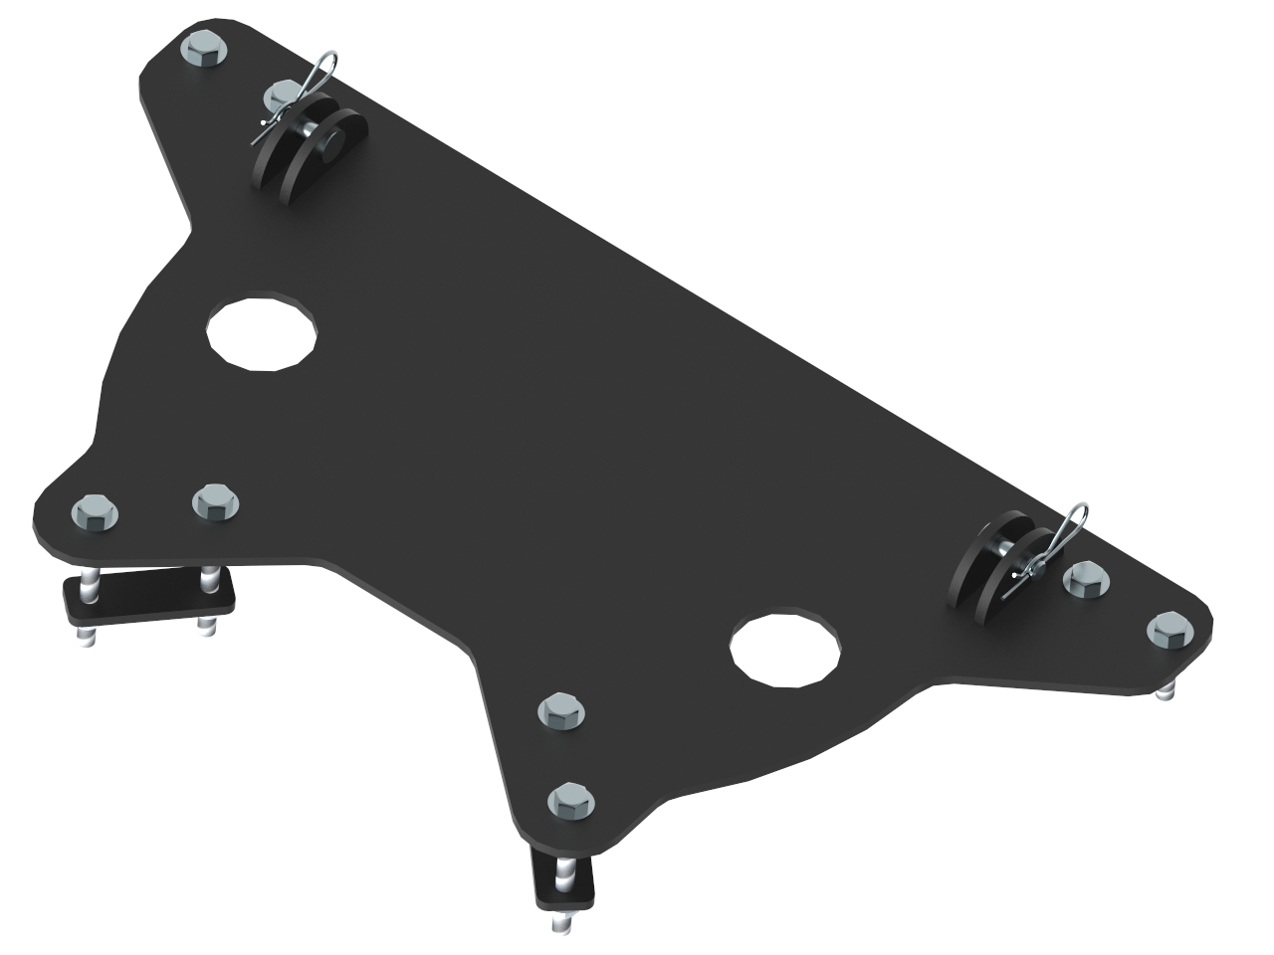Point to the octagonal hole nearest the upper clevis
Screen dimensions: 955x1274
[262, 331]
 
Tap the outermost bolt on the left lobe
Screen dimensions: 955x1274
[96, 512]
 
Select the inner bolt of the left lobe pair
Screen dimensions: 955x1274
[215, 501]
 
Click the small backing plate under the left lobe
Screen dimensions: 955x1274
[149, 597]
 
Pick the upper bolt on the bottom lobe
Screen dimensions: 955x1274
[560, 710]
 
